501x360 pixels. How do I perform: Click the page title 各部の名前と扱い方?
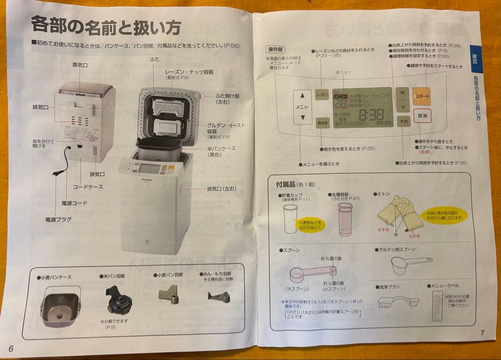point(105,26)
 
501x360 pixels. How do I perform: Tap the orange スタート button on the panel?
point(422,96)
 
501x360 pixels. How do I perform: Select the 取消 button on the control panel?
point(421,116)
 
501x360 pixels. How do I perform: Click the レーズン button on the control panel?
point(322,95)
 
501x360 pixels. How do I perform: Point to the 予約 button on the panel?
point(403,122)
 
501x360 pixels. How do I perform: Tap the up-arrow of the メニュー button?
point(302,95)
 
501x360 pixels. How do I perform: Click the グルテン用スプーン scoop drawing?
point(409,265)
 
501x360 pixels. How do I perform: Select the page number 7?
point(482,333)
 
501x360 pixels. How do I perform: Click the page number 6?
point(11,349)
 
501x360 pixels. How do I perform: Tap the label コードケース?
point(88,187)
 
